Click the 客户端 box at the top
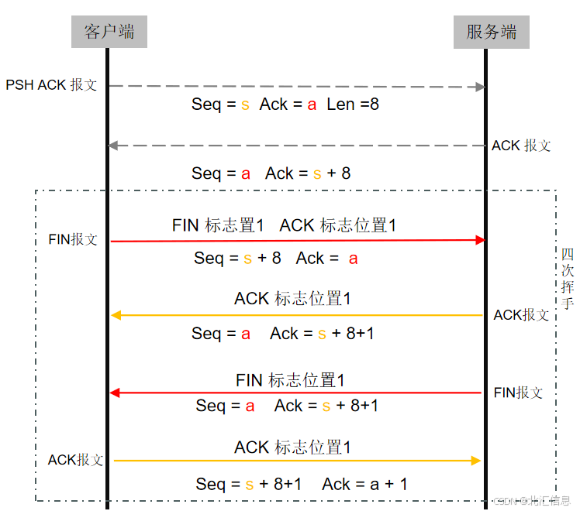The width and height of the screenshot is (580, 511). point(109,32)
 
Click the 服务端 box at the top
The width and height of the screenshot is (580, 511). point(491,32)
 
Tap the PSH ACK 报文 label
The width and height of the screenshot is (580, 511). point(51,85)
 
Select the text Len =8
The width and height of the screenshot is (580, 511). point(353,104)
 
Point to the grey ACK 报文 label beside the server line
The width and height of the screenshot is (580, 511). point(521,146)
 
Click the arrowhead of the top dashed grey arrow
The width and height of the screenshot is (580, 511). point(479,87)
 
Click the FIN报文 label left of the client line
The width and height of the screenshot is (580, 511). point(73,240)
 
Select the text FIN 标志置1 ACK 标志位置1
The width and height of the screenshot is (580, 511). point(284,225)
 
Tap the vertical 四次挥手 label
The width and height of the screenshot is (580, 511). point(567,278)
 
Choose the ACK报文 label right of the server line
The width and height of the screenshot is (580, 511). point(521,315)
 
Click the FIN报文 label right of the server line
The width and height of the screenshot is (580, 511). point(518,393)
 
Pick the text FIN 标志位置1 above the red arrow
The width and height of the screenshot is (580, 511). point(290,380)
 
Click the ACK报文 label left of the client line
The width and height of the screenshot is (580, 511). point(75,460)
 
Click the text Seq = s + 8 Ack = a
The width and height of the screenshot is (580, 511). point(275,259)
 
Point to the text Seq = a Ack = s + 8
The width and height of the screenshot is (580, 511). point(271,173)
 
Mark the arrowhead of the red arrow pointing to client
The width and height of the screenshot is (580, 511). point(115,393)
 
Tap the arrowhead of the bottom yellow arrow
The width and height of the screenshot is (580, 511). point(476,461)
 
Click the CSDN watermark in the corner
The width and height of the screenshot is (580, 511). point(533,501)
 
